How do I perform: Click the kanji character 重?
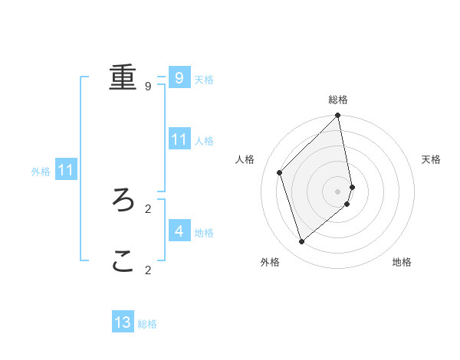pos(123,77)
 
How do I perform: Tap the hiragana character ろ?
pos(123,200)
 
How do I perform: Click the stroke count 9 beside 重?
pos(148,87)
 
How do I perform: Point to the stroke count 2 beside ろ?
pos(148,208)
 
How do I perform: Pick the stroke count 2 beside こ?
pos(148,270)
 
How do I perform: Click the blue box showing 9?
pos(179,77)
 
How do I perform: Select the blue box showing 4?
pos(179,231)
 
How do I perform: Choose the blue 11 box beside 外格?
pos(65,170)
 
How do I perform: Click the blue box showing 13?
pos(123,322)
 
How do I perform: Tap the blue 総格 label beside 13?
pos(147,324)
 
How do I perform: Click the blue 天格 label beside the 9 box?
pos(204,80)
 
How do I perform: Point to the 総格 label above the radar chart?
pos(338,100)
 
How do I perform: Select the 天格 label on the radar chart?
pos(431,159)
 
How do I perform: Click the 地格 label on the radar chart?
pos(402,262)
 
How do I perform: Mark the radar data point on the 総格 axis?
pos(338,116)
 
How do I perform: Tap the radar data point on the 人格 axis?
pos(280,172)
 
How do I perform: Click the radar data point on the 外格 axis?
pos(302,241)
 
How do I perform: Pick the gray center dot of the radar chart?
pos(338,191)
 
